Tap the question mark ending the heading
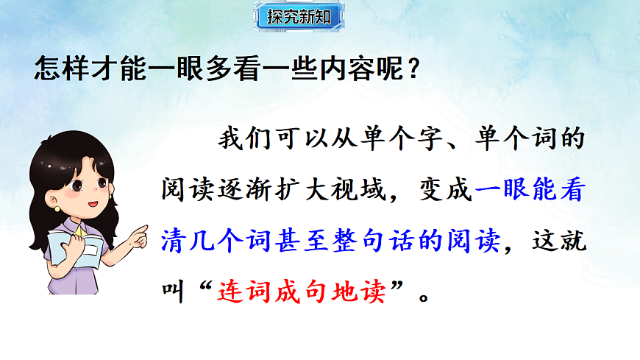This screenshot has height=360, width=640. click(x=413, y=69)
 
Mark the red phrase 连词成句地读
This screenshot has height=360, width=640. click(x=301, y=292)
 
